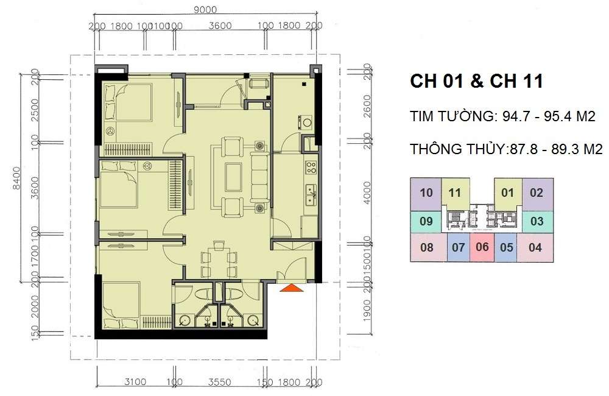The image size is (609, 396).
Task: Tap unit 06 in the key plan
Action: click(482, 247)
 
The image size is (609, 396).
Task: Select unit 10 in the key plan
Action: click(426, 193)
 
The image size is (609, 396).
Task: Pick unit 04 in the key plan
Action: click(535, 247)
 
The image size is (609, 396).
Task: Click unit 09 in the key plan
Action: click(426, 221)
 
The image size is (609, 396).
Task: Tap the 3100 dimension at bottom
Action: click(135, 383)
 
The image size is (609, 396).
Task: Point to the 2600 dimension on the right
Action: click(365, 107)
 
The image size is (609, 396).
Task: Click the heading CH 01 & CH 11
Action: click(476, 82)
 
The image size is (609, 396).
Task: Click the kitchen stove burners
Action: click(311, 165)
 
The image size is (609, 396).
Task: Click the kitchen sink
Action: click(309, 194)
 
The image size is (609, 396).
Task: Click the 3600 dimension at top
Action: click(219, 26)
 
